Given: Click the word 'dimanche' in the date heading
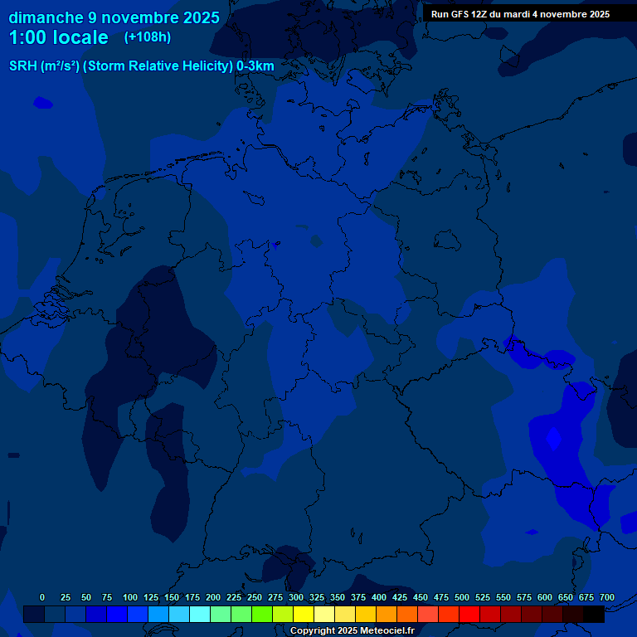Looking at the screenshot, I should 46,17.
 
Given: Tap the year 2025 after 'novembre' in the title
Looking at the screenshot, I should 199,17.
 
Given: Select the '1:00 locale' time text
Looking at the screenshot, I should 58,38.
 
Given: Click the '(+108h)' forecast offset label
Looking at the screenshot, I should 148,37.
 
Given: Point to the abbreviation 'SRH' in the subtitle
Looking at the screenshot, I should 23,66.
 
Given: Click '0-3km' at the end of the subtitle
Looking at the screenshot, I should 255,66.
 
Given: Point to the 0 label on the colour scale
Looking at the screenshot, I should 42,597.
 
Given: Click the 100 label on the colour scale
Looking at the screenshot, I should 130,597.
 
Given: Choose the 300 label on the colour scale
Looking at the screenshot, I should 296,597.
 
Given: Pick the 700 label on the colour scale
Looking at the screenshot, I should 607,597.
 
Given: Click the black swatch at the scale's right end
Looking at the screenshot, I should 594,614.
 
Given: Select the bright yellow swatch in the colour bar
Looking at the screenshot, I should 304,614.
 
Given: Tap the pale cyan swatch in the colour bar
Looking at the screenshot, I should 200,614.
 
